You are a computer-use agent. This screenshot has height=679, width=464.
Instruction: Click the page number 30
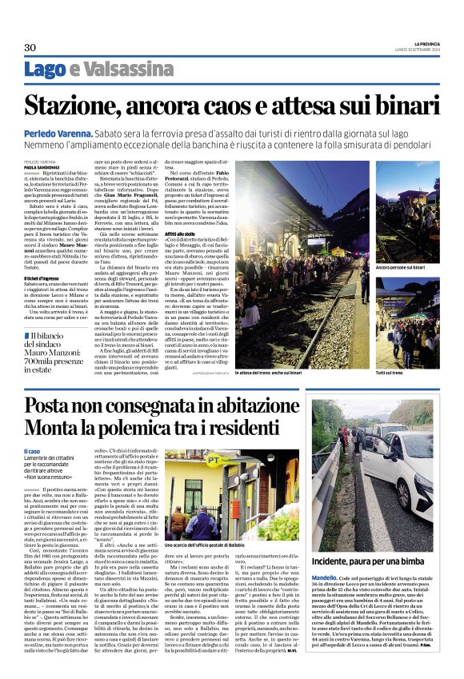click(30, 48)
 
